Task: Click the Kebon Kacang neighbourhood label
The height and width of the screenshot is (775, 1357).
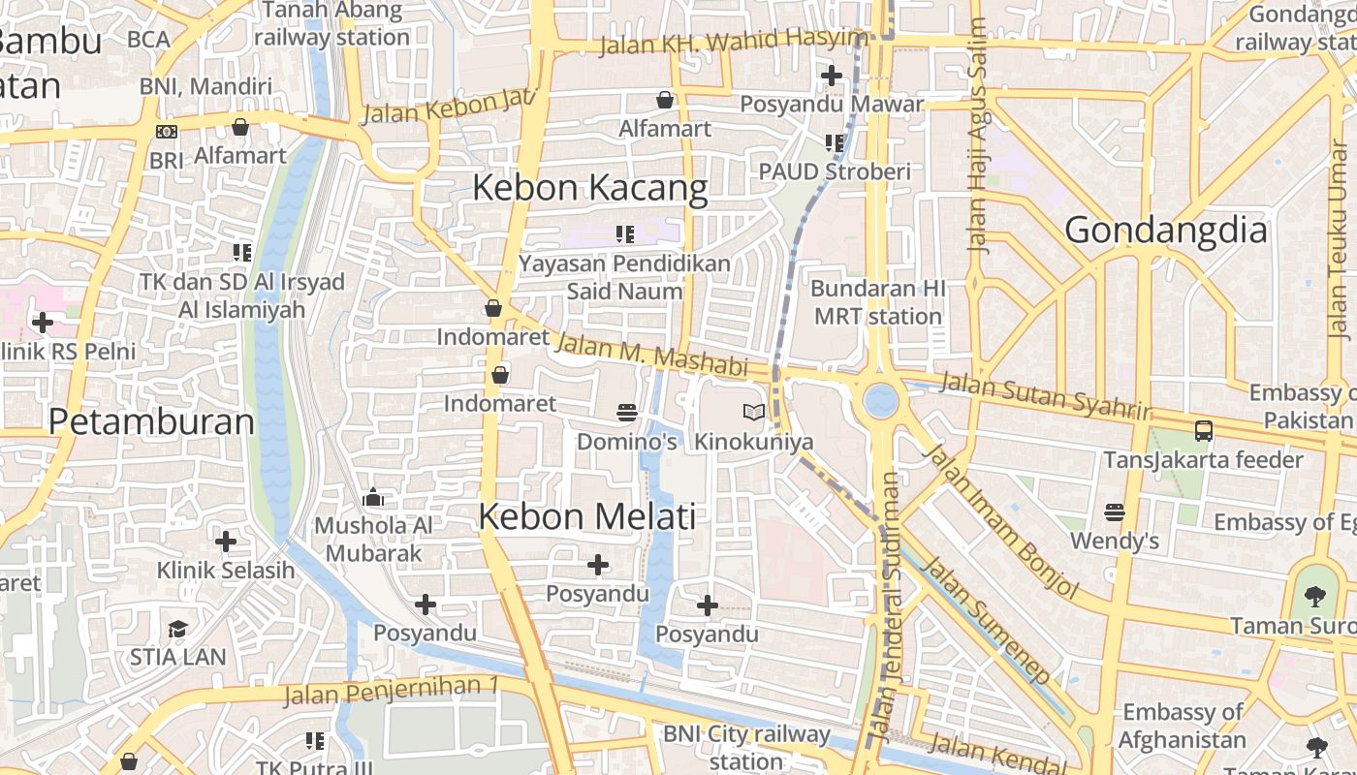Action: point(589,187)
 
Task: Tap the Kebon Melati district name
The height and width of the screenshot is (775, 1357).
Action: point(587,516)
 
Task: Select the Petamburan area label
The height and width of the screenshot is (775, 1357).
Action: point(151,421)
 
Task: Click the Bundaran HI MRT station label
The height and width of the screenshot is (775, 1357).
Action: point(877,302)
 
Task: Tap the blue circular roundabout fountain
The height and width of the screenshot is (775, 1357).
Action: point(880,400)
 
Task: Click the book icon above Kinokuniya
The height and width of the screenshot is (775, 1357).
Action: point(753,413)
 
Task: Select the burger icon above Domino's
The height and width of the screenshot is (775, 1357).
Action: point(626,413)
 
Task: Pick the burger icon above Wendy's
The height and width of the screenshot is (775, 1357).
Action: point(1115,511)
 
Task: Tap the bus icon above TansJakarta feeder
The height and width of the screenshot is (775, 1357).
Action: point(1203,431)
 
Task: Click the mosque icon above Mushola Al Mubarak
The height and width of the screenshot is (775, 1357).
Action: point(373,498)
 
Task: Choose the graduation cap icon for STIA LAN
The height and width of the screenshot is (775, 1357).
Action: point(177,630)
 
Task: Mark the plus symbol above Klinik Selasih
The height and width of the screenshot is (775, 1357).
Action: point(226,541)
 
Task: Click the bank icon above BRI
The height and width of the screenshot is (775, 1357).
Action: point(167,132)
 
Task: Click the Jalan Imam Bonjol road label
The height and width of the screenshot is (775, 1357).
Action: point(999,521)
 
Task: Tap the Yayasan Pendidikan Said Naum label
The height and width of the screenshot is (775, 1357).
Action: point(624,277)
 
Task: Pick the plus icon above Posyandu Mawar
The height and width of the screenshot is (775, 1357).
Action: point(831,75)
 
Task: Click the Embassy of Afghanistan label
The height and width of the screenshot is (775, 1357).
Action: point(1182,726)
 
